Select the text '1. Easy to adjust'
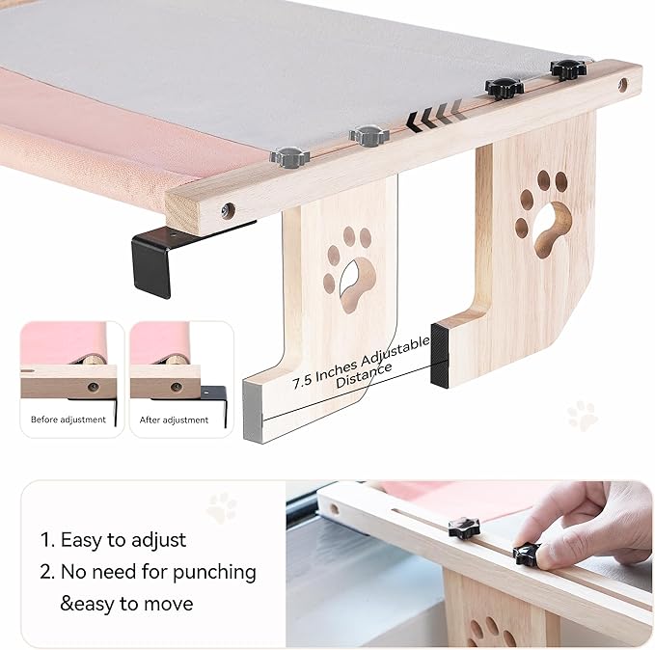[x=114, y=540]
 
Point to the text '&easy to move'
[x=126, y=604]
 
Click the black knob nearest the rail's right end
[x=568, y=68]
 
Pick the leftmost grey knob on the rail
[x=287, y=155]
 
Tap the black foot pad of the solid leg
[x=440, y=355]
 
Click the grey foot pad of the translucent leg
[x=255, y=411]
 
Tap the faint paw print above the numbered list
[x=222, y=505]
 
